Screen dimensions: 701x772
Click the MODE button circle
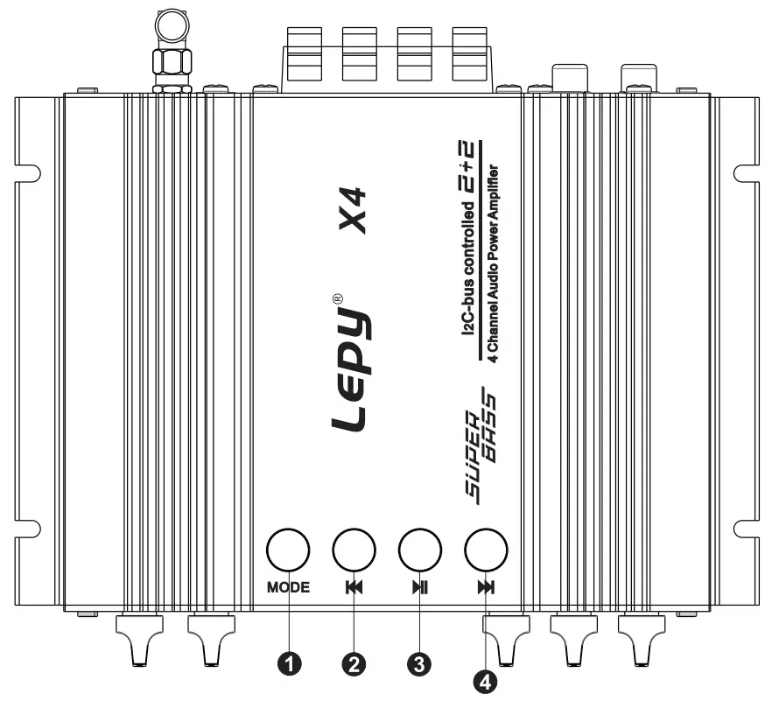click(x=289, y=550)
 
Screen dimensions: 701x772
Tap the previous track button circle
click(x=354, y=550)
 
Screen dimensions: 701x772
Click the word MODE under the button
click(x=289, y=587)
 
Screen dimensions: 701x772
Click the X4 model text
click(x=353, y=213)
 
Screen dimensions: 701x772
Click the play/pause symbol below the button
click(x=419, y=587)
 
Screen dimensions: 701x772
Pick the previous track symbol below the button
click(x=354, y=587)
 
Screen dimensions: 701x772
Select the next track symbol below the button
click(x=485, y=587)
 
